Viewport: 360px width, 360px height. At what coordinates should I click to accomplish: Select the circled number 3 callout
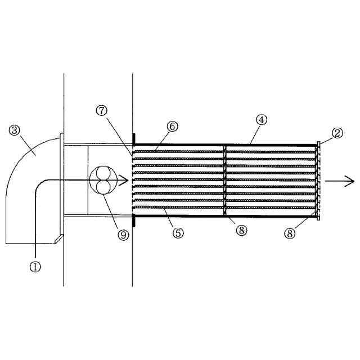click(x=15, y=130)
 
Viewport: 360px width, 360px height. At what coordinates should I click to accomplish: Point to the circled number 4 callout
click(x=261, y=119)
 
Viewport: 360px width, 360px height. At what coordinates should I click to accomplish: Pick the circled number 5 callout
click(x=178, y=233)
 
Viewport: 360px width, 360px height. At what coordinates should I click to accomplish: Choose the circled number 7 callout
click(x=102, y=110)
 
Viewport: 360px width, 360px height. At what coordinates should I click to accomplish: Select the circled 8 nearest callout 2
click(x=290, y=233)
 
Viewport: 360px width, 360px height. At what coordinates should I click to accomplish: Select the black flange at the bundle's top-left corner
click(x=133, y=138)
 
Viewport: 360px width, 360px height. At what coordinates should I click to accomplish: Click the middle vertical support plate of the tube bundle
click(x=225, y=180)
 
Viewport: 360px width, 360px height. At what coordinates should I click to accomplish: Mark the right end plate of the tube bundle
click(x=318, y=180)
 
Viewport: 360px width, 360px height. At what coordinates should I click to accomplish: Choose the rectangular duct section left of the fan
click(x=76, y=180)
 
